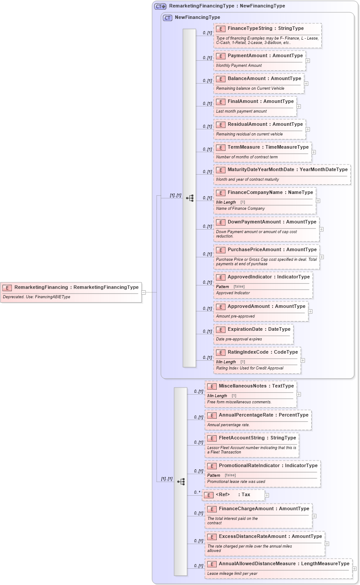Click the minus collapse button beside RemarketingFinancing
pyautogui.click(x=144, y=292)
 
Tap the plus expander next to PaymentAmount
pyautogui.click(x=308, y=61)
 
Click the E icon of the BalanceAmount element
pyautogui.click(x=221, y=79)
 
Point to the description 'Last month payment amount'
pyautogui.click(x=241, y=111)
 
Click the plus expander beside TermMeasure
pyautogui.click(x=314, y=152)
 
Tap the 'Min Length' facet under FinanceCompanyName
pyautogui.click(x=226, y=202)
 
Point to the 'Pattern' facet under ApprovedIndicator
pyautogui.click(x=222, y=287)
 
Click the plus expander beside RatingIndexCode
pyautogui.click(x=303, y=360)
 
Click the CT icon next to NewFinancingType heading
pyautogui.click(x=167, y=18)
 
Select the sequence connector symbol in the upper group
pyautogui.click(x=190, y=198)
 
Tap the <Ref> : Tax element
pyautogui.click(x=233, y=495)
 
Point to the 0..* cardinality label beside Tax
pyautogui.click(x=197, y=492)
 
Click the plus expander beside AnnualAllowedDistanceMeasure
pyautogui.click(x=355, y=569)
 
